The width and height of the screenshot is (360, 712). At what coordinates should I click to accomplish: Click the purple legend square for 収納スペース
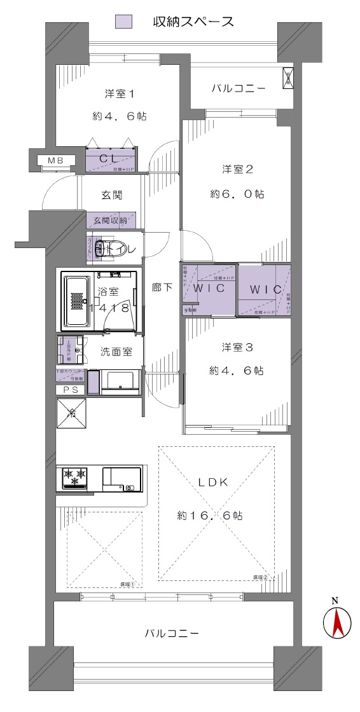click(123, 21)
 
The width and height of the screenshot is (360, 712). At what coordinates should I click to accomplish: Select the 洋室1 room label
click(120, 94)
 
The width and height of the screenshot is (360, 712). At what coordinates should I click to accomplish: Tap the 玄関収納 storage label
click(110, 221)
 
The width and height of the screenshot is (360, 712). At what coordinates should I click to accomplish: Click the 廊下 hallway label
click(162, 287)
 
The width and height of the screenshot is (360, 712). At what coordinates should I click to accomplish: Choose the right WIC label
click(265, 289)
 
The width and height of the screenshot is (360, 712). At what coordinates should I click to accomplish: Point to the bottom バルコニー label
click(172, 633)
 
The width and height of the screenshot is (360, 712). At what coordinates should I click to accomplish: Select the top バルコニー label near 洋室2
click(238, 89)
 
